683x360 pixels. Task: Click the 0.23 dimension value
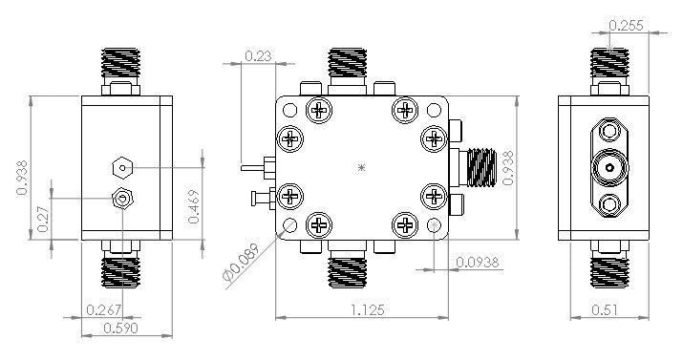(x=255, y=56)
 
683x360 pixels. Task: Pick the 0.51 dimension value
(x=603, y=309)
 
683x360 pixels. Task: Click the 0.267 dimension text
(x=103, y=309)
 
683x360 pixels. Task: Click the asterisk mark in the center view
(x=361, y=168)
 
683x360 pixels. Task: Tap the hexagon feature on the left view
(x=120, y=168)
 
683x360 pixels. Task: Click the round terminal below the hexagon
(x=121, y=199)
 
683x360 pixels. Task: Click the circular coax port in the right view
(x=608, y=170)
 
